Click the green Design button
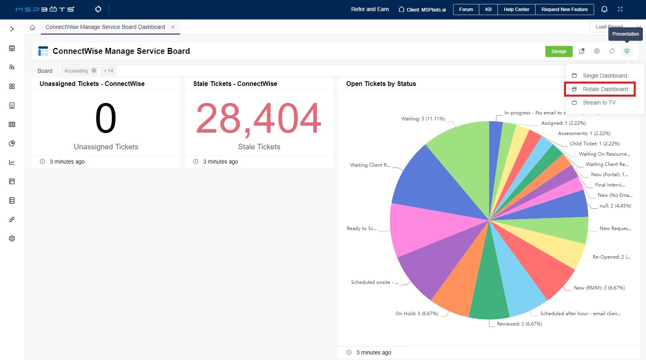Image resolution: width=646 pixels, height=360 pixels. (x=558, y=51)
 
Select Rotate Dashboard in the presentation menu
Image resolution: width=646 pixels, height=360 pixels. (x=605, y=89)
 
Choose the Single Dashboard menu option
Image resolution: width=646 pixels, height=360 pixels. (x=604, y=76)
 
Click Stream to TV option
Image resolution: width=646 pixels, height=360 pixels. (x=599, y=103)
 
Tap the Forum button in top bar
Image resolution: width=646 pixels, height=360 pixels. (x=466, y=10)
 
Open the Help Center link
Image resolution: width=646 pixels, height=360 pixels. (x=516, y=10)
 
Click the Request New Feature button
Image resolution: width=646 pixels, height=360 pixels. (x=564, y=10)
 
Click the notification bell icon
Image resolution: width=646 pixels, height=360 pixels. (x=604, y=9)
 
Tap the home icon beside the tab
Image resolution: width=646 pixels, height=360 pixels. (x=32, y=27)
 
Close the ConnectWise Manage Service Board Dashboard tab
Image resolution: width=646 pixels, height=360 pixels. (x=173, y=27)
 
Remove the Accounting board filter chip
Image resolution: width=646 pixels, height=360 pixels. (x=94, y=70)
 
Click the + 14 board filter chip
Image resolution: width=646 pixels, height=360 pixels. (x=108, y=71)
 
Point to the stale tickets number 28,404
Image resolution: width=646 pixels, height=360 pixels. (x=259, y=118)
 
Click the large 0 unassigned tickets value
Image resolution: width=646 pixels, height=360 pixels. (x=106, y=118)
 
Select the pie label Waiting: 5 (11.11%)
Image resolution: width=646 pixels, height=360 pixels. (x=423, y=119)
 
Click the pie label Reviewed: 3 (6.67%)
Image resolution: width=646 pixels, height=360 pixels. (x=519, y=324)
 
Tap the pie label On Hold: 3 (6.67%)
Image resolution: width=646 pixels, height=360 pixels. (x=417, y=314)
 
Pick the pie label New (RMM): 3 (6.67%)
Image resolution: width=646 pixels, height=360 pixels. (x=599, y=288)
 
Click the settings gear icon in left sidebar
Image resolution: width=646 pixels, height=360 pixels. (x=12, y=238)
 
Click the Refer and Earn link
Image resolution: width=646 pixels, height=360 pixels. (x=370, y=10)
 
